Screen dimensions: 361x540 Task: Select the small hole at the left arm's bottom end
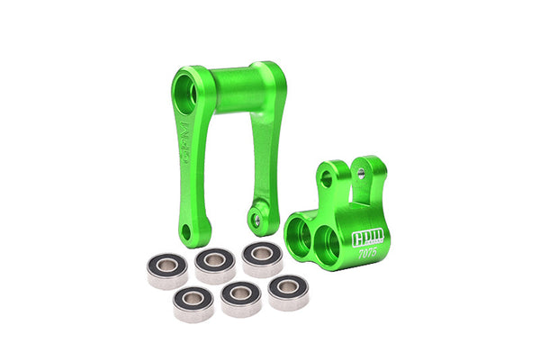(185, 231)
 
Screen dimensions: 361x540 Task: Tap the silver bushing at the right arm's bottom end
(256, 220)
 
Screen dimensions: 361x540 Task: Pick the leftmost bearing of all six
(167, 267)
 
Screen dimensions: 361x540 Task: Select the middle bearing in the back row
(215, 262)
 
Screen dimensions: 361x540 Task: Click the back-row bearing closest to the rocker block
(261, 257)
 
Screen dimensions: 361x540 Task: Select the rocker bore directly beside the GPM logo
(327, 243)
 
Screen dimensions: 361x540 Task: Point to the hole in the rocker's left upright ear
(326, 180)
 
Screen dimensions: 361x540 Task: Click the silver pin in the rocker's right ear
(359, 171)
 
